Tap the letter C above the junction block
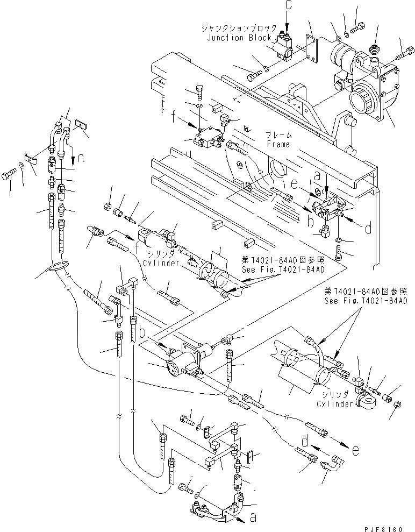[286, 9]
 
